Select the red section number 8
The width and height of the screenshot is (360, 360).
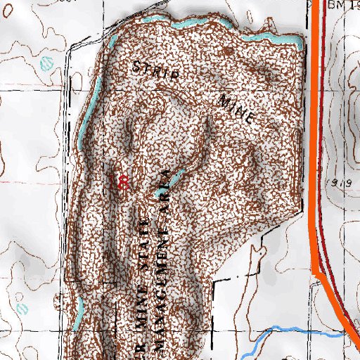click(x=124, y=183)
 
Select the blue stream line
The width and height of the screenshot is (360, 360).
click(x=281, y=330)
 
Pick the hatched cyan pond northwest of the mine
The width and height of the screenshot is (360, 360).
click(x=48, y=63)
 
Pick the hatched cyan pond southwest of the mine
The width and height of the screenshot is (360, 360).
click(x=22, y=309)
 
